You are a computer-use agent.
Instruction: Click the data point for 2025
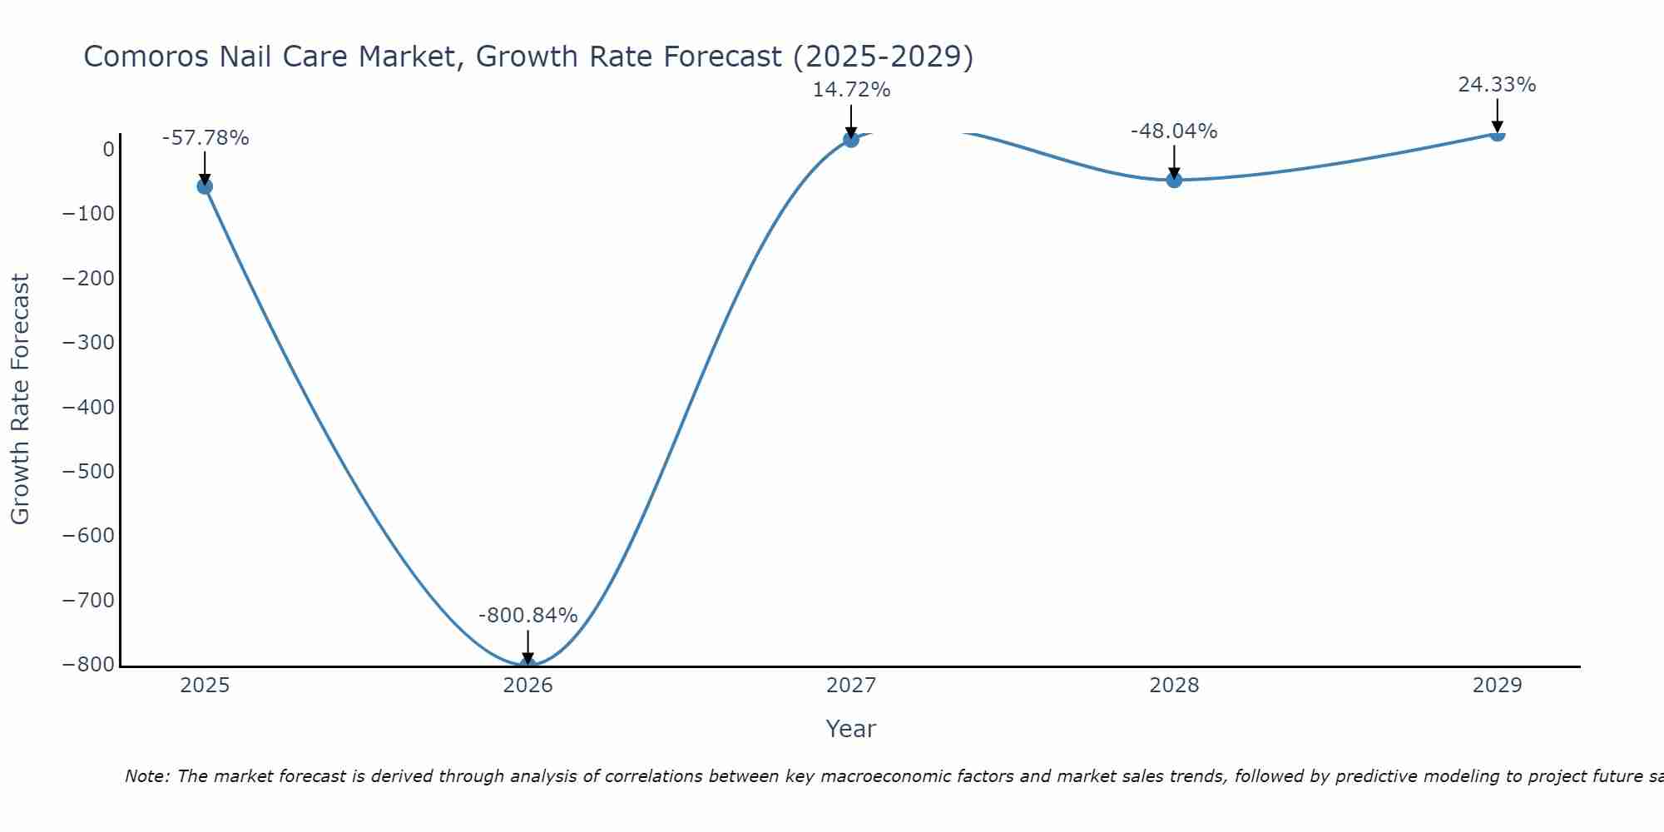point(205,186)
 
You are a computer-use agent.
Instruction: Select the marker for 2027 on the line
point(850,140)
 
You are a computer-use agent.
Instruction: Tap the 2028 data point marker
point(1174,180)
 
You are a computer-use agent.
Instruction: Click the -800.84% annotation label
point(527,616)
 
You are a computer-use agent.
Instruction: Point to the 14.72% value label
point(851,90)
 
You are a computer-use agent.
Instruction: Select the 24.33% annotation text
point(1497,85)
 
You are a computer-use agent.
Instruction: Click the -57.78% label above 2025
point(206,138)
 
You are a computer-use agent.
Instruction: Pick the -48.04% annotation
point(1174,131)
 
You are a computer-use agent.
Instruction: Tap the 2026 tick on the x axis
point(527,686)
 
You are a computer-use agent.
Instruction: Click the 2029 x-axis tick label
point(1497,686)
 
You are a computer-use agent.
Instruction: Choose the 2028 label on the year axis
point(1174,686)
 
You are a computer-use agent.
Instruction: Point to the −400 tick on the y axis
point(89,408)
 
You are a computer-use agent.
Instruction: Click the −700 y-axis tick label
point(89,601)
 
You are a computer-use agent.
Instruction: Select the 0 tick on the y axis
point(108,150)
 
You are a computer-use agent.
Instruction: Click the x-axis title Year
point(850,730)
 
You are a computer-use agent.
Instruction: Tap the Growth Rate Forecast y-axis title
point(20,399)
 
